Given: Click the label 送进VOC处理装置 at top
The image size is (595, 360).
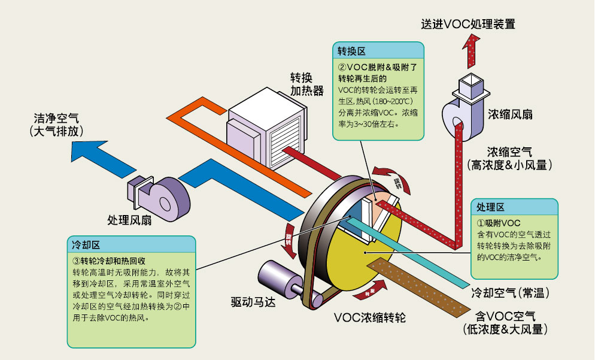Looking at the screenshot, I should point(467,24).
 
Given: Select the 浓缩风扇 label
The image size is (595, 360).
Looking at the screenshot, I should point(510,113).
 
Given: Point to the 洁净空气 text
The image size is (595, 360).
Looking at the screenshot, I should point(56,117).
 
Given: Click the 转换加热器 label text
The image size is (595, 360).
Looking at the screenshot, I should point(307,84).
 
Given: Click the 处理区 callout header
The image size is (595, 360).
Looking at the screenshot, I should point(490,207).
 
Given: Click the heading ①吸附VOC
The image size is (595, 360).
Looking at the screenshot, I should point(495,223).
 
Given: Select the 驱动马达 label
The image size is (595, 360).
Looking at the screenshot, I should point(255,301).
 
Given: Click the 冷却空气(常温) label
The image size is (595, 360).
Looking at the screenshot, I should point(510,294).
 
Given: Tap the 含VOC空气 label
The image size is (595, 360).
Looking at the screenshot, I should point(505,316).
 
